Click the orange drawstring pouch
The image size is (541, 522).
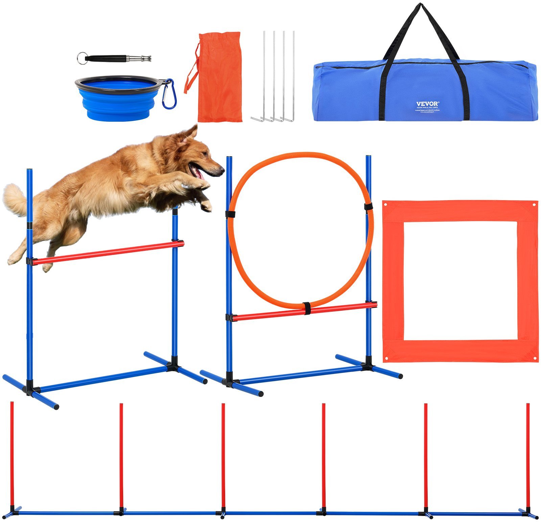(220, 78)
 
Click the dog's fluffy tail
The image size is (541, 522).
(15, 199)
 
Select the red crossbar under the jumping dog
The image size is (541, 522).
(108, 252)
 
